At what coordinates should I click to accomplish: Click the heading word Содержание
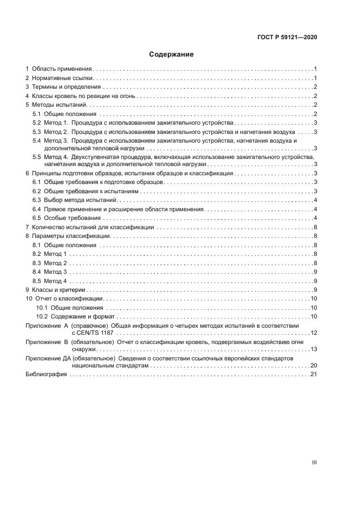pos(172,54)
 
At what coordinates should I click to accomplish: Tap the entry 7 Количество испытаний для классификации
pos(92,227)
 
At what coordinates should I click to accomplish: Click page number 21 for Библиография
pos(314,375)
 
